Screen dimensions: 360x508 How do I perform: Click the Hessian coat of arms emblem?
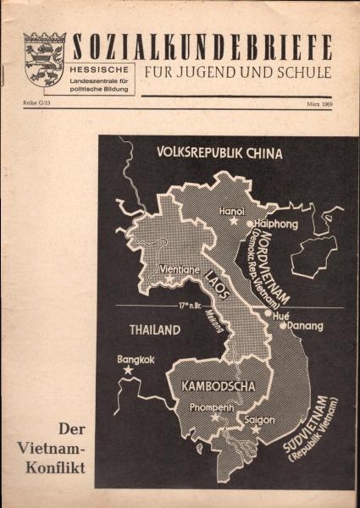point(44,59)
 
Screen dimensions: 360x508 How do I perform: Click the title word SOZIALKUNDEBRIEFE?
point(202,46)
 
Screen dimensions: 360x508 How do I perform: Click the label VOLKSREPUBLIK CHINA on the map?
point(219,154)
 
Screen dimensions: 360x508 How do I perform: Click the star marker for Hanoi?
point(233,220)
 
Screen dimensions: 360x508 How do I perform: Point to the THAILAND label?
point(155,329)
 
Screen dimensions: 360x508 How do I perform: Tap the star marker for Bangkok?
point(128,370)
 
